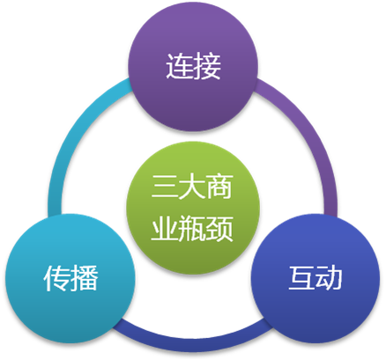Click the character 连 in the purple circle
pos(179,66)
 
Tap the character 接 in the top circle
pos(207,66)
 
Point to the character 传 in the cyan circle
pos(56,278)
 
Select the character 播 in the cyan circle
pos(84,278)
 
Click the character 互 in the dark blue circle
pos(301,278)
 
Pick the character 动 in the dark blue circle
pos(329,278)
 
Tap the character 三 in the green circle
pos(165,187)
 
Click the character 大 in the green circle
pos(192,187)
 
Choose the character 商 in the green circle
pos(219,187)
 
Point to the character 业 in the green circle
pos(165,229)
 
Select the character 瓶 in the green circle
pos(192,229)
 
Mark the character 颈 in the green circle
pos(219,229)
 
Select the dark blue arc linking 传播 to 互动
pos(192,342)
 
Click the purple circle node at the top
pos(193,66)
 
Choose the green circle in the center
pos(193,208)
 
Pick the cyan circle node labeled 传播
pos(70,278)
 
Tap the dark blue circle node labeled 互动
pos(315,278)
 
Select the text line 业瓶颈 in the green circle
pos(192,229)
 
